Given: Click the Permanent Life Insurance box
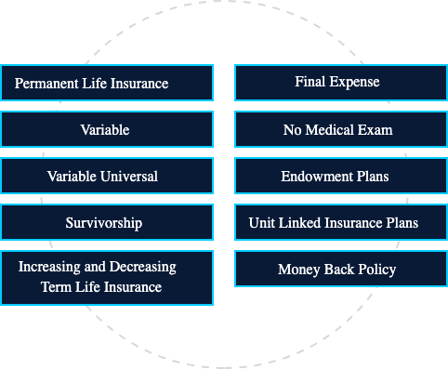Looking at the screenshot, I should (x=107, y=83).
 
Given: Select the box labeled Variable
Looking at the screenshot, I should (x=107, y=129).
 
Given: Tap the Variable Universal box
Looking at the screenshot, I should (x=107, y=176).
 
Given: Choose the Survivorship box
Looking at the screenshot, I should (x=107, y=223).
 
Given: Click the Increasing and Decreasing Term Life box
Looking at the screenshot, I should (x=107, y=277).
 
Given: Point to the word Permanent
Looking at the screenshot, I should (x=47, y=84).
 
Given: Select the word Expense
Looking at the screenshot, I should (x=355, y=82).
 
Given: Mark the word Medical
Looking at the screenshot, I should (x=333, y=130).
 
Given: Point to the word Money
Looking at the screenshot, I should (x=298, y=270).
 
